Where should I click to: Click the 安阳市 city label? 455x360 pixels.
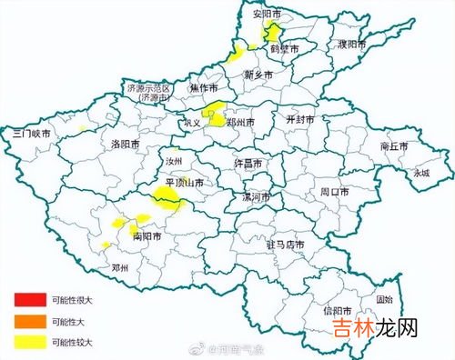point(268,15)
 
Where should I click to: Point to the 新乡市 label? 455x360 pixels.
point(259,75)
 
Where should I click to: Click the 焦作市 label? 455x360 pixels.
point(205,88)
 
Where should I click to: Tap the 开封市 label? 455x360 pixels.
point(300,120)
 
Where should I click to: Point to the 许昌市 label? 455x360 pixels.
point(248,164)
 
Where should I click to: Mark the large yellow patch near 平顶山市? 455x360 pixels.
point(167,197)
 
